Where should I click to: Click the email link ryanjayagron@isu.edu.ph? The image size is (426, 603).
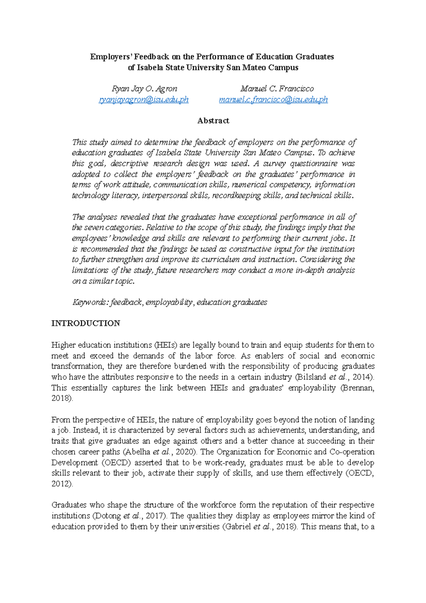coord(143,100)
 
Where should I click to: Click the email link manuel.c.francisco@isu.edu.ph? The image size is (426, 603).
coord(273,100)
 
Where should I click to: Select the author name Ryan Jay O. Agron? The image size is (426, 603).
coord(144,89)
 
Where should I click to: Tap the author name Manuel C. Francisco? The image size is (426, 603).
coord(277,89)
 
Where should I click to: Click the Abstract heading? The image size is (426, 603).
coord(213,121)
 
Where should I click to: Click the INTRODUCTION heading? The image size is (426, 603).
coord(86,323)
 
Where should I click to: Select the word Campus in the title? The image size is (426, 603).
coord(283,67)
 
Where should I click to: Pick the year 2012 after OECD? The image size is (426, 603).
coord(61,484)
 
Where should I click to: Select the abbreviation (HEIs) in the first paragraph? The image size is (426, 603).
coord(165,345)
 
